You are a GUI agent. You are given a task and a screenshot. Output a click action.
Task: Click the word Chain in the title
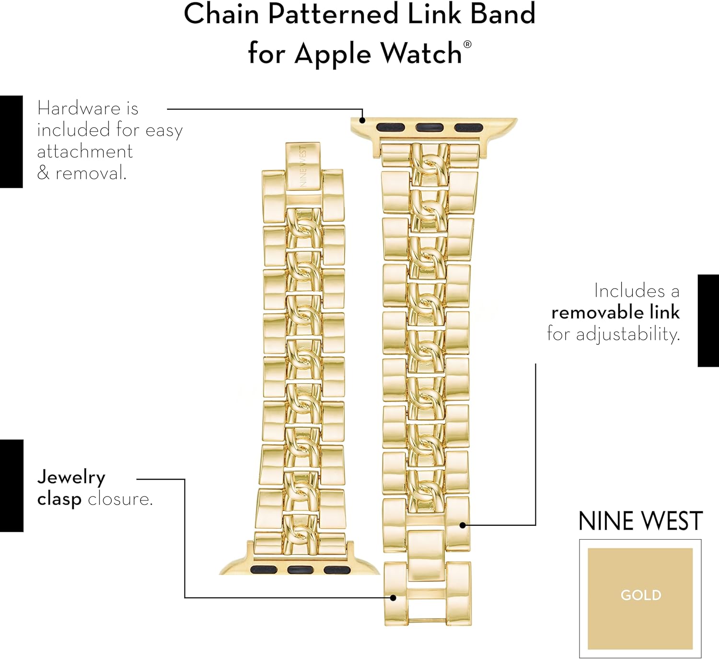click(x=221, y=14)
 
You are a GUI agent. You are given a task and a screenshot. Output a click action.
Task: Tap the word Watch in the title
click(x=421, y=53)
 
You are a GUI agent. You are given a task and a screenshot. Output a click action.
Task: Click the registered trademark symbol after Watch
click(x=467, y=45)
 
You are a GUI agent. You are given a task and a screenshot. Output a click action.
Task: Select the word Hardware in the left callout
click(x=79, y=108)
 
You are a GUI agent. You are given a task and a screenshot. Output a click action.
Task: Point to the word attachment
click(x=84, y=151)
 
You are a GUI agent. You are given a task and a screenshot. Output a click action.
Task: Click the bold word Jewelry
click(x=71, y=478)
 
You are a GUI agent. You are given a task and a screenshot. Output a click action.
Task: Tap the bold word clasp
click(x=59, y=499)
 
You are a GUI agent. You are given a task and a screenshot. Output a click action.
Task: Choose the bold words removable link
click(x=615, y=312)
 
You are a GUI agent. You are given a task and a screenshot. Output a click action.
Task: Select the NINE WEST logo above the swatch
click(x=640, y=521)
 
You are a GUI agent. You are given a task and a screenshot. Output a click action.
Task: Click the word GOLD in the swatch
click(x=641, y=595)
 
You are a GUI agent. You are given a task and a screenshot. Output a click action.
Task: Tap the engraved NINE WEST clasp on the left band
click(x=303, y=165)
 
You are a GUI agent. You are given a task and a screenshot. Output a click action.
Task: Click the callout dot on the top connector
click(x=362, y=121)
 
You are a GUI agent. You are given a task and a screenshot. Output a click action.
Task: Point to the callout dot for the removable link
click(x=463, y=525)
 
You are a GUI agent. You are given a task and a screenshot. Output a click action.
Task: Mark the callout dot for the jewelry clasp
click(x=393, y=598)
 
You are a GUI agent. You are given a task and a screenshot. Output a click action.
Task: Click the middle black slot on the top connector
click(x=429, y=127)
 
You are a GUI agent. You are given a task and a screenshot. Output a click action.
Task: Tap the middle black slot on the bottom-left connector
click(x=301, y=570)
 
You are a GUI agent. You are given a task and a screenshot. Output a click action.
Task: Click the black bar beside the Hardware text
click(x=12, y=141)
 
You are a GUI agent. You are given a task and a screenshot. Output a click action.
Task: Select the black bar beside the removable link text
click(x=708, y=321)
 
